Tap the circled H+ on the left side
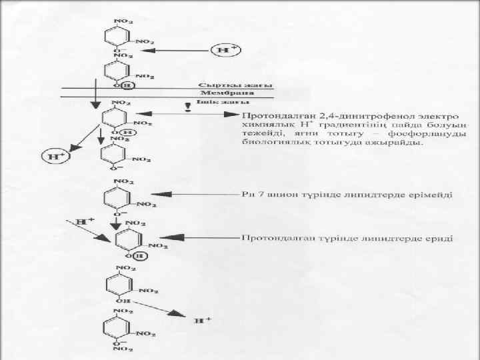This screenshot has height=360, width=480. click(55, 156)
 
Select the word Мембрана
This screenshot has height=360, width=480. click(217, 94)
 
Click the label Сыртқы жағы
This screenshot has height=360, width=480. click(219, 86)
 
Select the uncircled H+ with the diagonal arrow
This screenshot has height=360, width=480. click(85, 221)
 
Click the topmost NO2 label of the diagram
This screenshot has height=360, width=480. click(123, 21)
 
